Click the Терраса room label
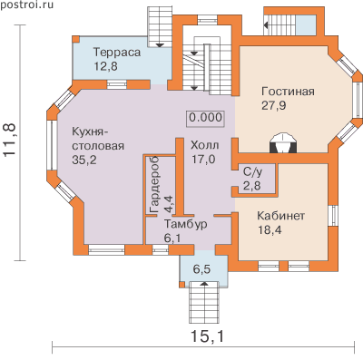(117, 53)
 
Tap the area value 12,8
(105, 66)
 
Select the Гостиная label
(288, 91)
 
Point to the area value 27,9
(274, 105)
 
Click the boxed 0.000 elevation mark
(206, 117)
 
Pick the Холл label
(205, 145)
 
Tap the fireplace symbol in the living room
(283, 143)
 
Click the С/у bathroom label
(253, 172)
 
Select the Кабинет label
(280, 216)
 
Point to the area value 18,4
(270, 230)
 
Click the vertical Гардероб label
(154, 185)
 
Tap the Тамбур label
(186, 224)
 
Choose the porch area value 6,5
(201, 268)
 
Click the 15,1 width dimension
(208, 336)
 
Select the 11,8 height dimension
(10, 140)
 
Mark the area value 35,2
(84, 160)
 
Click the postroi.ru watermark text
(26, 5)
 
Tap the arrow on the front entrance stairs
(204, 284)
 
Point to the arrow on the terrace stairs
(160, 45)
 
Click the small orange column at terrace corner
(76, 39)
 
